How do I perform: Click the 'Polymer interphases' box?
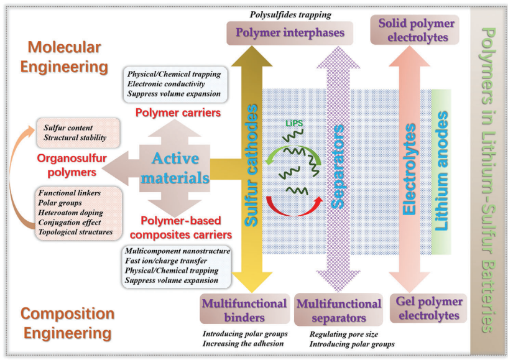coord(290,33)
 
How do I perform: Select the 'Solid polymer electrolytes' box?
coord(415,30)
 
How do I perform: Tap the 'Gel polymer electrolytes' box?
coord(428,308)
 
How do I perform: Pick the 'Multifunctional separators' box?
coord(338,310)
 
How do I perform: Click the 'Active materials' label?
coord(175,168)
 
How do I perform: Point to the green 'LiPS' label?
coord(294,124)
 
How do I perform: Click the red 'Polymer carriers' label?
coord(178,113)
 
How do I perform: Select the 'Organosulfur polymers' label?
coord(72,165)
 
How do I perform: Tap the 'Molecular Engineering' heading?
coord(64,57)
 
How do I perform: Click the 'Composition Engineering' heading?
coord(67,323)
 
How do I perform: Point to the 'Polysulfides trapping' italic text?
coord(290,14)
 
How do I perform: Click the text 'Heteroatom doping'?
coord(70,213)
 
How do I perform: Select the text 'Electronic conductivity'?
coord(166,84)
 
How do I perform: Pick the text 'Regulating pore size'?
coord(343,334)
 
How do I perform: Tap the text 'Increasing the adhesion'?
coord(243,343)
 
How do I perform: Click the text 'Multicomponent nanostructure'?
coord(178,251)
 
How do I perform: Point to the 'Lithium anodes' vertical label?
coord(441,171)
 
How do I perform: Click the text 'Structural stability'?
coord(75,137)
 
